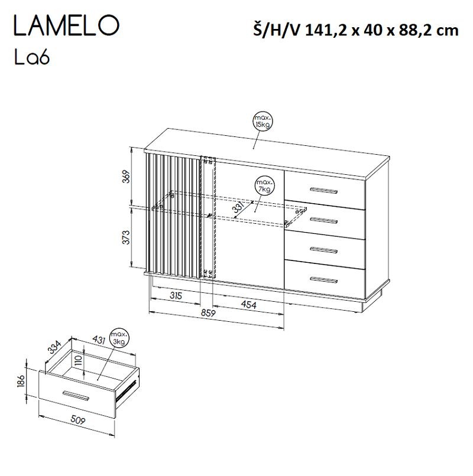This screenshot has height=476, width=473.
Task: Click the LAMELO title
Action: click(x=66, y=27)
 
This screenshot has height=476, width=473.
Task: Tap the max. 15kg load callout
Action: click(x=260, y=122)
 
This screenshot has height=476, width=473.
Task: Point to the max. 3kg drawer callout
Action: click(x=121, y=337)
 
